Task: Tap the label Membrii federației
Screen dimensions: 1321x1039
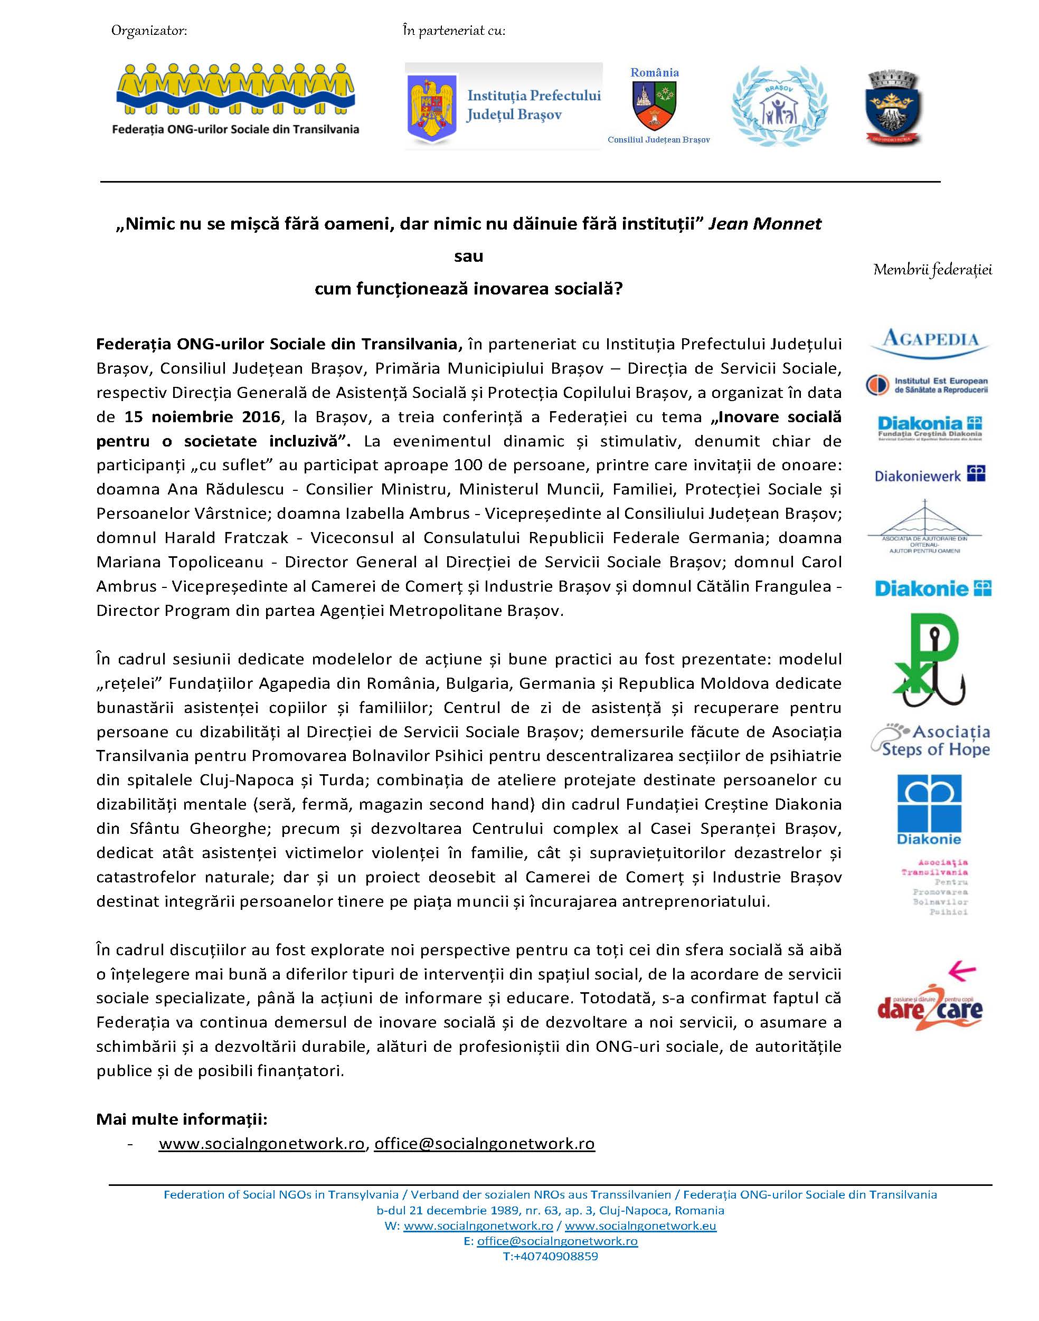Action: click(x=932, y=270)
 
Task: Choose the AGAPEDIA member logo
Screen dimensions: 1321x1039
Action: click(x=930, y=342)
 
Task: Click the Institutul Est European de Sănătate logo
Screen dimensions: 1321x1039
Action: click(x=927, y=385)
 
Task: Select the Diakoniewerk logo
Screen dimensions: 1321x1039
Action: click(x=930, y=475)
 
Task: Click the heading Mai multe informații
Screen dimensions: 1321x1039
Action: click(x=182, y=1118)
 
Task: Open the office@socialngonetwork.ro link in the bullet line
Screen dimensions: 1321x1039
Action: click(x=484, y=1144)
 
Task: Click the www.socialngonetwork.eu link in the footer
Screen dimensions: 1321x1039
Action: click(x=640, y=1225)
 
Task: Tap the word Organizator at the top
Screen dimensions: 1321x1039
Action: click(x=148, y=31)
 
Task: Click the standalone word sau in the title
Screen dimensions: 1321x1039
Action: click(x=468, y=256)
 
